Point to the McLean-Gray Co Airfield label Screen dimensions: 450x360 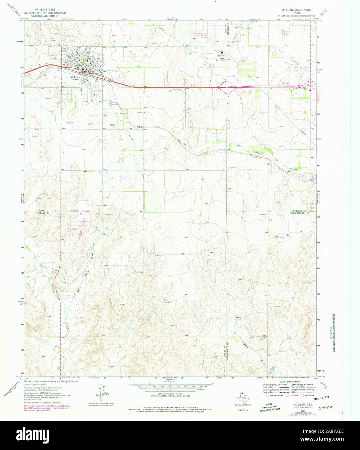[x=200, y=36]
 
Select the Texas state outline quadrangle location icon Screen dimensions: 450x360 [x=242, y=397]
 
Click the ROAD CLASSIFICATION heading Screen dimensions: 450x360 [x=287, y=382]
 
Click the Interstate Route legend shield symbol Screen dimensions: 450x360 [x=267, y=395]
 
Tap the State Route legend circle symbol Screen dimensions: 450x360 [x=302, y=395]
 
